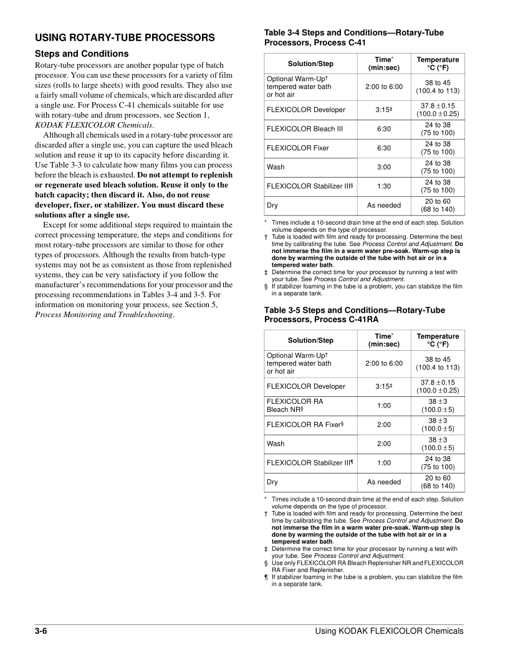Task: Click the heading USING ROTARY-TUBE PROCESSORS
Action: [125, 38]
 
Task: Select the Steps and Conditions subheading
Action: [82, 54]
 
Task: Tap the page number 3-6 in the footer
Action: [42, 631]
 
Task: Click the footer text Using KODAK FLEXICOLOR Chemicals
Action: [389, 631]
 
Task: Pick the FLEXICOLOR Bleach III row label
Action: [305, 129]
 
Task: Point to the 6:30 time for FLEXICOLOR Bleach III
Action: [384, 129]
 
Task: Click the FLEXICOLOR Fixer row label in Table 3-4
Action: [298, 148]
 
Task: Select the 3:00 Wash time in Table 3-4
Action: [384, 167]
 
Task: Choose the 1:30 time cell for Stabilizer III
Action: [384, 186]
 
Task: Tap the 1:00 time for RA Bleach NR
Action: [384, 406]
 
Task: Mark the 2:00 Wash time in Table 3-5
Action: [384, 444]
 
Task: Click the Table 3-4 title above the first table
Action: [354, 37]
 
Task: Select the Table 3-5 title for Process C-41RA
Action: [354, 315]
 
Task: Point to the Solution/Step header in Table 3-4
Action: [310, 64]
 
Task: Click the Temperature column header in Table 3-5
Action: [438, 340]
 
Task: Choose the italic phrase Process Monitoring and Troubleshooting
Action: [104, 315]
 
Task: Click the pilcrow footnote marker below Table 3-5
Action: [266, 577]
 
